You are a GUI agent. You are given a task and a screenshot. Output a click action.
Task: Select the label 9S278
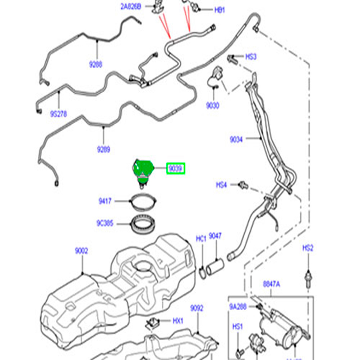tap(59, 114)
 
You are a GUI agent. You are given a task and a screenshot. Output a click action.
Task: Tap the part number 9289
tap(103, 150)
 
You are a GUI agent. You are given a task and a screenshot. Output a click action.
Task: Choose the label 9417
tap(105, 201)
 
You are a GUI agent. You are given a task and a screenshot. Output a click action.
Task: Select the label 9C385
tap(105, 223)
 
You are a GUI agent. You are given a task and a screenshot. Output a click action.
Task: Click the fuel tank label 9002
tap(81, 251)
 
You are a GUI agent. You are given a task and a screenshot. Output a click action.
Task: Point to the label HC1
tap(201, 239)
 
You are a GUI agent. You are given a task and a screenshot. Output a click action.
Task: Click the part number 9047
tap(215, 236)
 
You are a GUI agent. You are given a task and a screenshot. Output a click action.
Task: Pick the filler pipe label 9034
tap(236, 140)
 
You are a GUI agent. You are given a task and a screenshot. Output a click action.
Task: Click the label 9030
tap(212, 106)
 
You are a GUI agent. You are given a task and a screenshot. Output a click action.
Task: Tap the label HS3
tap(251, 57)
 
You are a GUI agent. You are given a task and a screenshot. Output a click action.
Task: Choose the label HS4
tap(222, 185)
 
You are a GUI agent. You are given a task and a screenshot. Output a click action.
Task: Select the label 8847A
tap(271, 284)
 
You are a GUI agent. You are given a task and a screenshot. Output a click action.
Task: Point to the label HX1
tap(178, 321)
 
